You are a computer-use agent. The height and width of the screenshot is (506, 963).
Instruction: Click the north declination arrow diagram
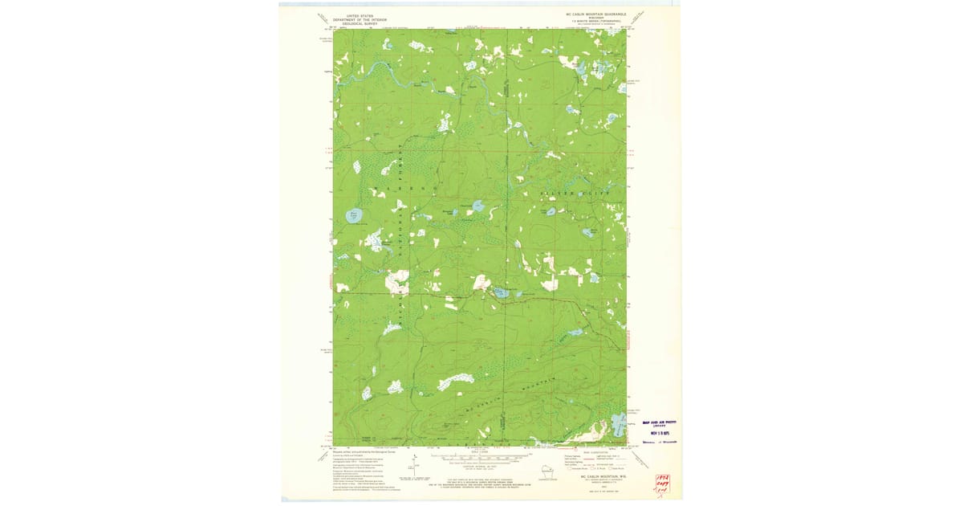[x=415, y=465]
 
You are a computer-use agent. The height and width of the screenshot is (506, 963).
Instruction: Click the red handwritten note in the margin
[x=662, y=484]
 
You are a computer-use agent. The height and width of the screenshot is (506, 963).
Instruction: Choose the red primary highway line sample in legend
[x=610, y=456]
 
